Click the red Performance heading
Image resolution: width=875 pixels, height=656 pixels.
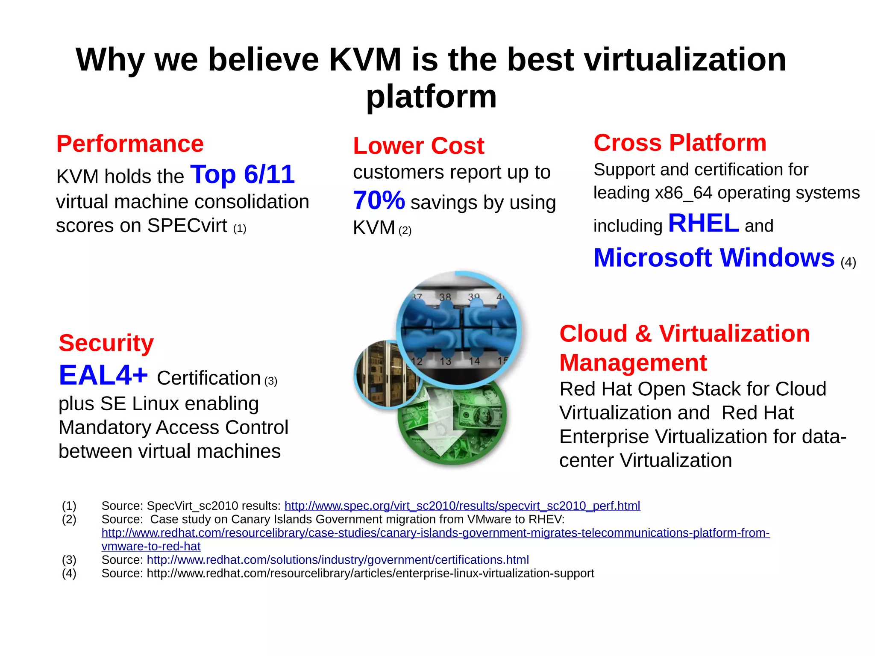coord(130,144)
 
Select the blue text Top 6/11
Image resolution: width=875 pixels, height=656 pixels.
coord(242,174)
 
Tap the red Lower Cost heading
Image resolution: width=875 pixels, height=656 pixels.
coord(418,146)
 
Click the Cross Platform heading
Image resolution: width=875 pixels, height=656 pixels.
coord(680,142)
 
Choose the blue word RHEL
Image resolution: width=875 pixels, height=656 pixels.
coord(703,223)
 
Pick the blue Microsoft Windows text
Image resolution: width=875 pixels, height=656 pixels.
coord(714,258)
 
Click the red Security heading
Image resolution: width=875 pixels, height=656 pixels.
coord(106,343)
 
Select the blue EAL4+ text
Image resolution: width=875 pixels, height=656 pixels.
coord(103,375)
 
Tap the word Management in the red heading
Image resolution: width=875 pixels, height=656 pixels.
coord(633,362)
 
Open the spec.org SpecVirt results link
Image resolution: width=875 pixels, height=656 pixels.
coord(462,506)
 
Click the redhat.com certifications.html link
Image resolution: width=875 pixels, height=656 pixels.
coord(338,559)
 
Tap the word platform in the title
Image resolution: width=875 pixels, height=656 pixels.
coord(432,96)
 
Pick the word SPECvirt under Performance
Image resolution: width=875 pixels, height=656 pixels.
coord(187,226)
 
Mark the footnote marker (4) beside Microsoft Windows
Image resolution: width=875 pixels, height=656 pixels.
coord(848,262)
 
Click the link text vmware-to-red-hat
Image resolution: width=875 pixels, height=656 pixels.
coord(151,546)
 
